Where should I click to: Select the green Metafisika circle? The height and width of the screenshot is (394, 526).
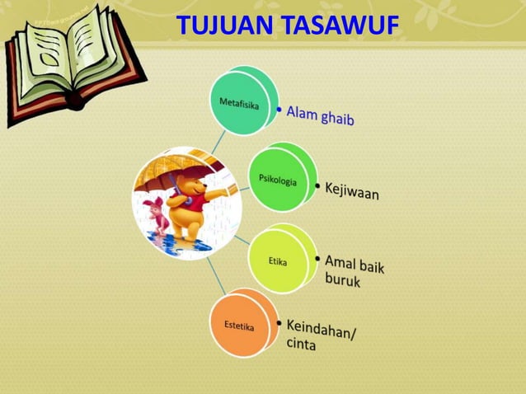pyautogui.click(x=240, y=102)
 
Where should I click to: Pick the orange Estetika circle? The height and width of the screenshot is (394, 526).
pyautogui.click(x=239, y=326)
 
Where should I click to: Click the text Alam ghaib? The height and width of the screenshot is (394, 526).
pyautogui.click(x=320, y=116)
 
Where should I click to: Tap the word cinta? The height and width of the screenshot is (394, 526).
pyautogui.click(x=301, y=345)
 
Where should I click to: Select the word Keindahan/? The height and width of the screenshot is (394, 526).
pyautogui.click(x=321, y=329)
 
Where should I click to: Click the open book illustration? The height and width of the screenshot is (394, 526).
pyautogui.click(x=74, y=62)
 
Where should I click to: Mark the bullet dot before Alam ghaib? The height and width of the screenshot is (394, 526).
pyautogui.click(x=279, y=109)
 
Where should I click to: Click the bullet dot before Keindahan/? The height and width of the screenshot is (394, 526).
pyautogui.click(x=278, y=322)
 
